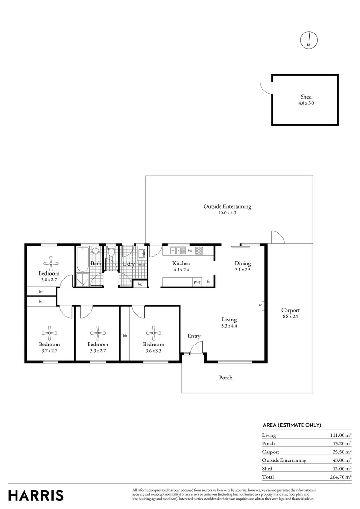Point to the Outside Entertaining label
(x=227, y=206)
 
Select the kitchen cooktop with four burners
(x=199, y=251)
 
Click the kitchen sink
(x=176, y=251)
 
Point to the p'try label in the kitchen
(x=197, y=282)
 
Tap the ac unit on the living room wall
(x=262, y=305)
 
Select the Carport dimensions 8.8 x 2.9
(x=290, y=317)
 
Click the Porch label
(x=226, y=378)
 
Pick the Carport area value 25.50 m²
(x=341, y=452)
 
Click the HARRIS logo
(x=36, y=495)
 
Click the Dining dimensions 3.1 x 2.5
(x=243, y=270)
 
